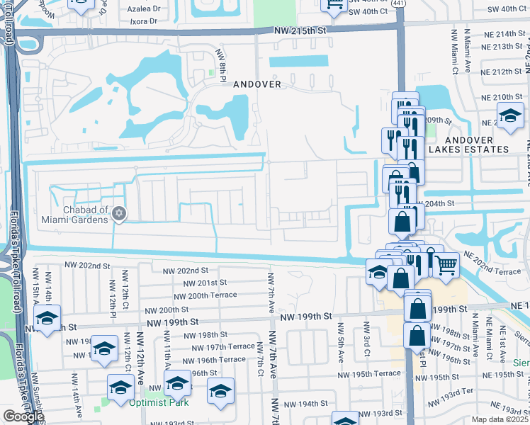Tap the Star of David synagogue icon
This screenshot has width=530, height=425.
[x=119, y=213]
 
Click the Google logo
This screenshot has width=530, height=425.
[x=23, y=416]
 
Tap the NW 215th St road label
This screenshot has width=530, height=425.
[x=301, y=31]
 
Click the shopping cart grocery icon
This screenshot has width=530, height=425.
[x=446, y=265]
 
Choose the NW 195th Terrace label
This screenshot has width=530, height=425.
[x=369, y=373]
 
